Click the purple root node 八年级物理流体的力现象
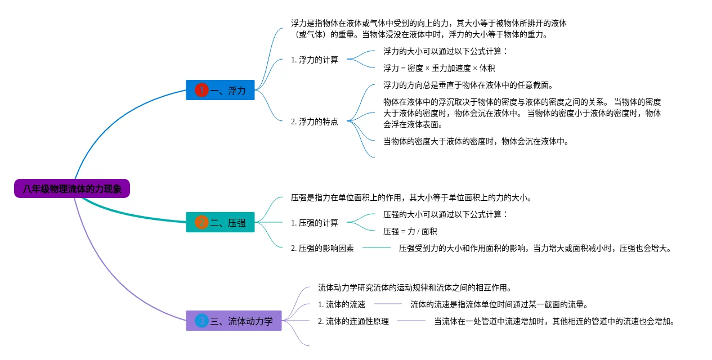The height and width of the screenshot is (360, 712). coord(72,188)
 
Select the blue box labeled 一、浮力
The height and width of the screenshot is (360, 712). coord(220,90)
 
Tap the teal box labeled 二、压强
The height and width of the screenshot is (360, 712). coord(220,222)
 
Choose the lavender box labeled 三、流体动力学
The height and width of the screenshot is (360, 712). coord(234,321)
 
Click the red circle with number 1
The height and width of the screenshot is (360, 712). coord(201,90)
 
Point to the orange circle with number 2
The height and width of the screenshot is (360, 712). coord(201,222)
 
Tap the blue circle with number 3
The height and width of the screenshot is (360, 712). coord(201,321)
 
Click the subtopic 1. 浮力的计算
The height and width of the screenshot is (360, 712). coord(315,60)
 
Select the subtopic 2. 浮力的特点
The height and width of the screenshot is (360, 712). coord(315,121)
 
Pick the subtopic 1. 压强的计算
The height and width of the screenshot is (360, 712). coord(315,223)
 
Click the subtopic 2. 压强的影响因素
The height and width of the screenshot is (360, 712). coord(323,248)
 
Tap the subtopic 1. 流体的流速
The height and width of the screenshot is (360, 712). coord(342,304)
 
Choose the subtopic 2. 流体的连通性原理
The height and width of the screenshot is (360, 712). coord(353,321)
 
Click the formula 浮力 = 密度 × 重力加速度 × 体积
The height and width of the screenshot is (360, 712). coord(439,68)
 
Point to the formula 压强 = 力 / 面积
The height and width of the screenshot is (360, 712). coord(410,231)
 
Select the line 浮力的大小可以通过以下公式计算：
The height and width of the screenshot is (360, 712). coord(445,51)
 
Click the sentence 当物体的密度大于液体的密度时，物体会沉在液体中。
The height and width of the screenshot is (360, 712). coord(476,141)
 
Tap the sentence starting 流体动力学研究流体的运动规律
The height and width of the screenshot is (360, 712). coord(415,287)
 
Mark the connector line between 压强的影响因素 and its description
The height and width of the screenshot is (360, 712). coord(377,247)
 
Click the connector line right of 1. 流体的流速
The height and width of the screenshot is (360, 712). coord(388,304)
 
